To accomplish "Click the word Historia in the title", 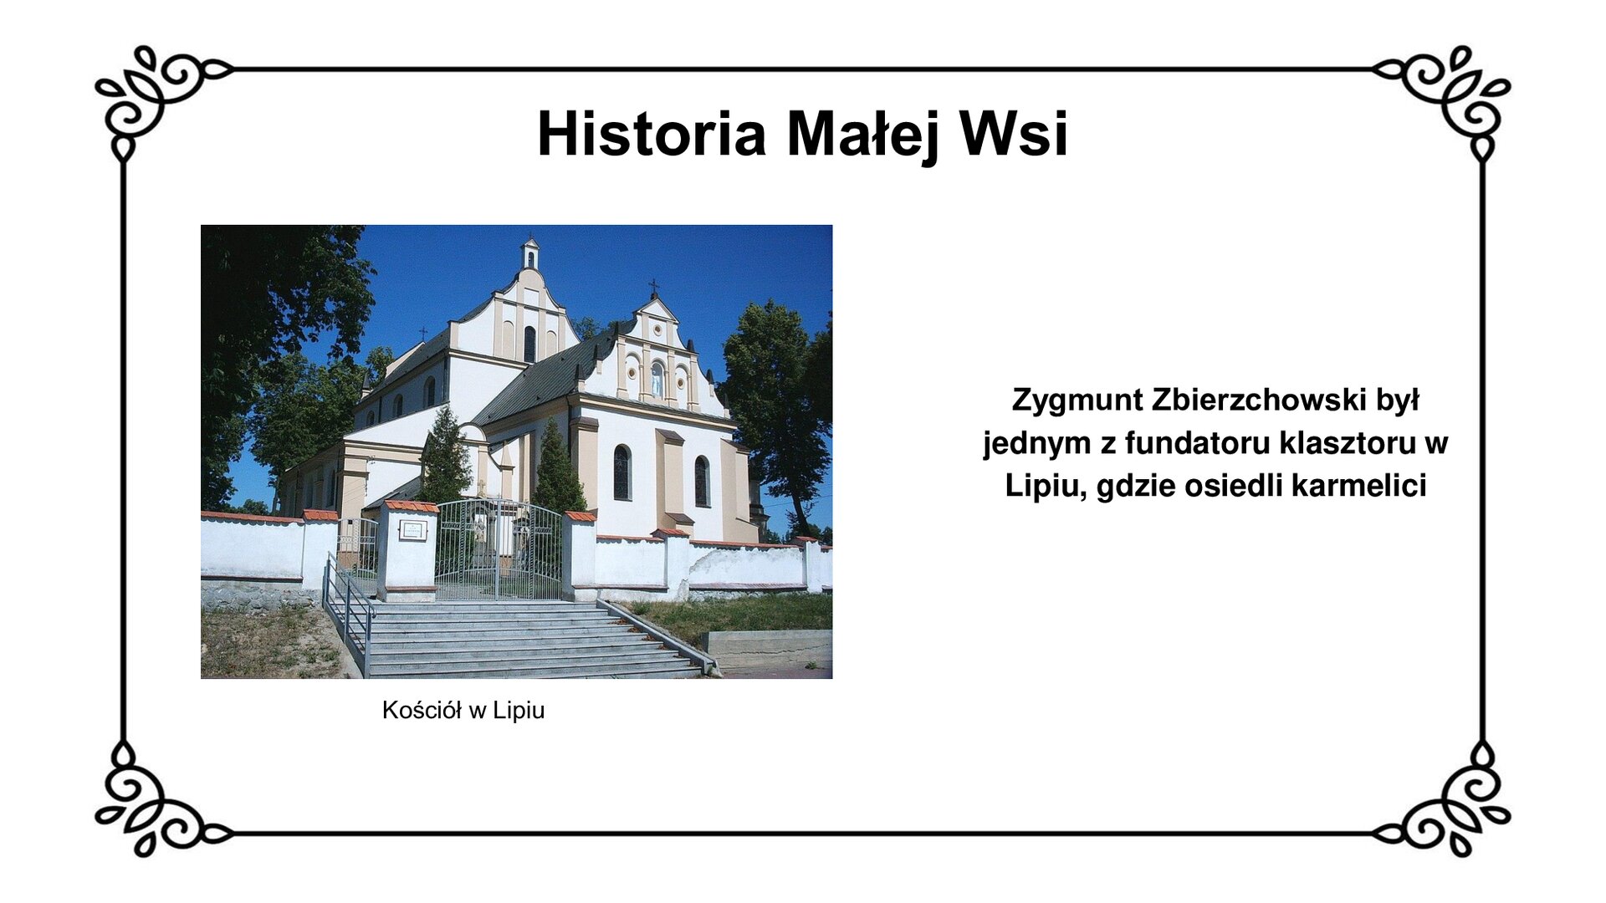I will coord(651,134).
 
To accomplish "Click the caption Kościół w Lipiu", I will coord(463,710).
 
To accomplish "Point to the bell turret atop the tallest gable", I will coord(529,254).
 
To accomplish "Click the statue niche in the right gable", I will coord(657,380).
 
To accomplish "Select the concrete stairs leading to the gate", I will coord(519,640).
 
